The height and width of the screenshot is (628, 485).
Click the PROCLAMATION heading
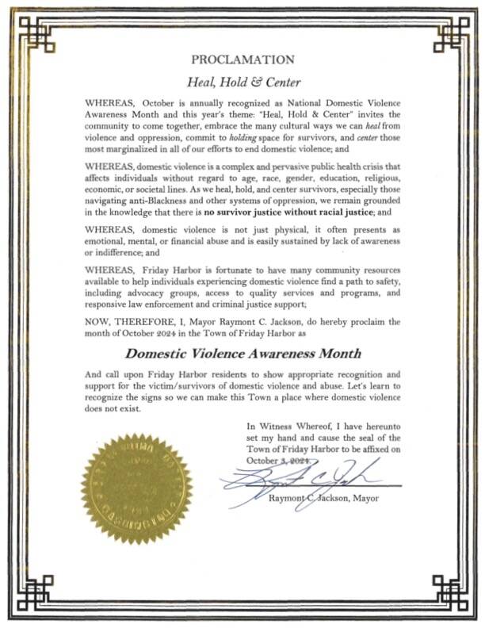pyautogui.click(x=242, y=59)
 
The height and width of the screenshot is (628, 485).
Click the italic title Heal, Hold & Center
pyautogui.click(x=242, y=80)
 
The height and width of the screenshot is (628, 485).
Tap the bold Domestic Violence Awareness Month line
pyautogui.click(x=242, y=354)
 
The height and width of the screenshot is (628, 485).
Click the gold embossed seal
pyautogui.click(x=136, y=489)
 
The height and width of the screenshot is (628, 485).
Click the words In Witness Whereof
pyautogui.click(x=287, y=425)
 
